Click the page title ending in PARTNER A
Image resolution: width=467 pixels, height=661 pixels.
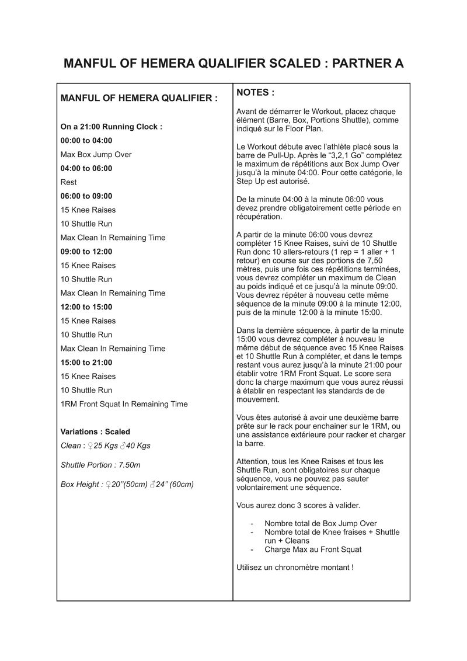(233, 63)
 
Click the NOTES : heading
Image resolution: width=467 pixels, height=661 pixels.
(255, 93)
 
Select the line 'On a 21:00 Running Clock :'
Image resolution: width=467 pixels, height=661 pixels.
(111, 127)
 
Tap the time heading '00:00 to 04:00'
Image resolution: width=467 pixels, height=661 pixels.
(86, 141)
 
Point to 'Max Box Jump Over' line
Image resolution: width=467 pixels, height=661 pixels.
(96, 155)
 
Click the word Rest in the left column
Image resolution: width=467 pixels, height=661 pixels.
(69, 182)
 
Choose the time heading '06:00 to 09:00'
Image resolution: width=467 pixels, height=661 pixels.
(86, 196)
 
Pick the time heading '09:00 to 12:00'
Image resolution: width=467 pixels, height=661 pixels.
(86, 252)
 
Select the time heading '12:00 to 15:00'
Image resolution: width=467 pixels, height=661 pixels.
(86, 307)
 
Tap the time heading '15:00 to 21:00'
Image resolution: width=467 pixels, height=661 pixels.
(86, 362)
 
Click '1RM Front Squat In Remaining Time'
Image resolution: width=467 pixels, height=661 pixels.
(124, 404)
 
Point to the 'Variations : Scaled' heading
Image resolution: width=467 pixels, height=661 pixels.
(95, 432)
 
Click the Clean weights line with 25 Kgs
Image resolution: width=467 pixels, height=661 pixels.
(106, 446)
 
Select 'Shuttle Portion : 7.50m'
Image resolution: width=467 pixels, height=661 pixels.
(100, 465)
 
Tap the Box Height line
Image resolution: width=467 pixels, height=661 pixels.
(127, 484)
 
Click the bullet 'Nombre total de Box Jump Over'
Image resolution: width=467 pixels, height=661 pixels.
(320, 523)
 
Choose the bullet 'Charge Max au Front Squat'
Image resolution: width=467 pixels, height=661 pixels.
(313, 549)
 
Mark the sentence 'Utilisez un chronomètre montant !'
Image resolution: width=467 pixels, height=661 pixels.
(295, 567)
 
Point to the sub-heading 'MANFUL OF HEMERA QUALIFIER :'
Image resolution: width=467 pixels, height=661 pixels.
(139, 99)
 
